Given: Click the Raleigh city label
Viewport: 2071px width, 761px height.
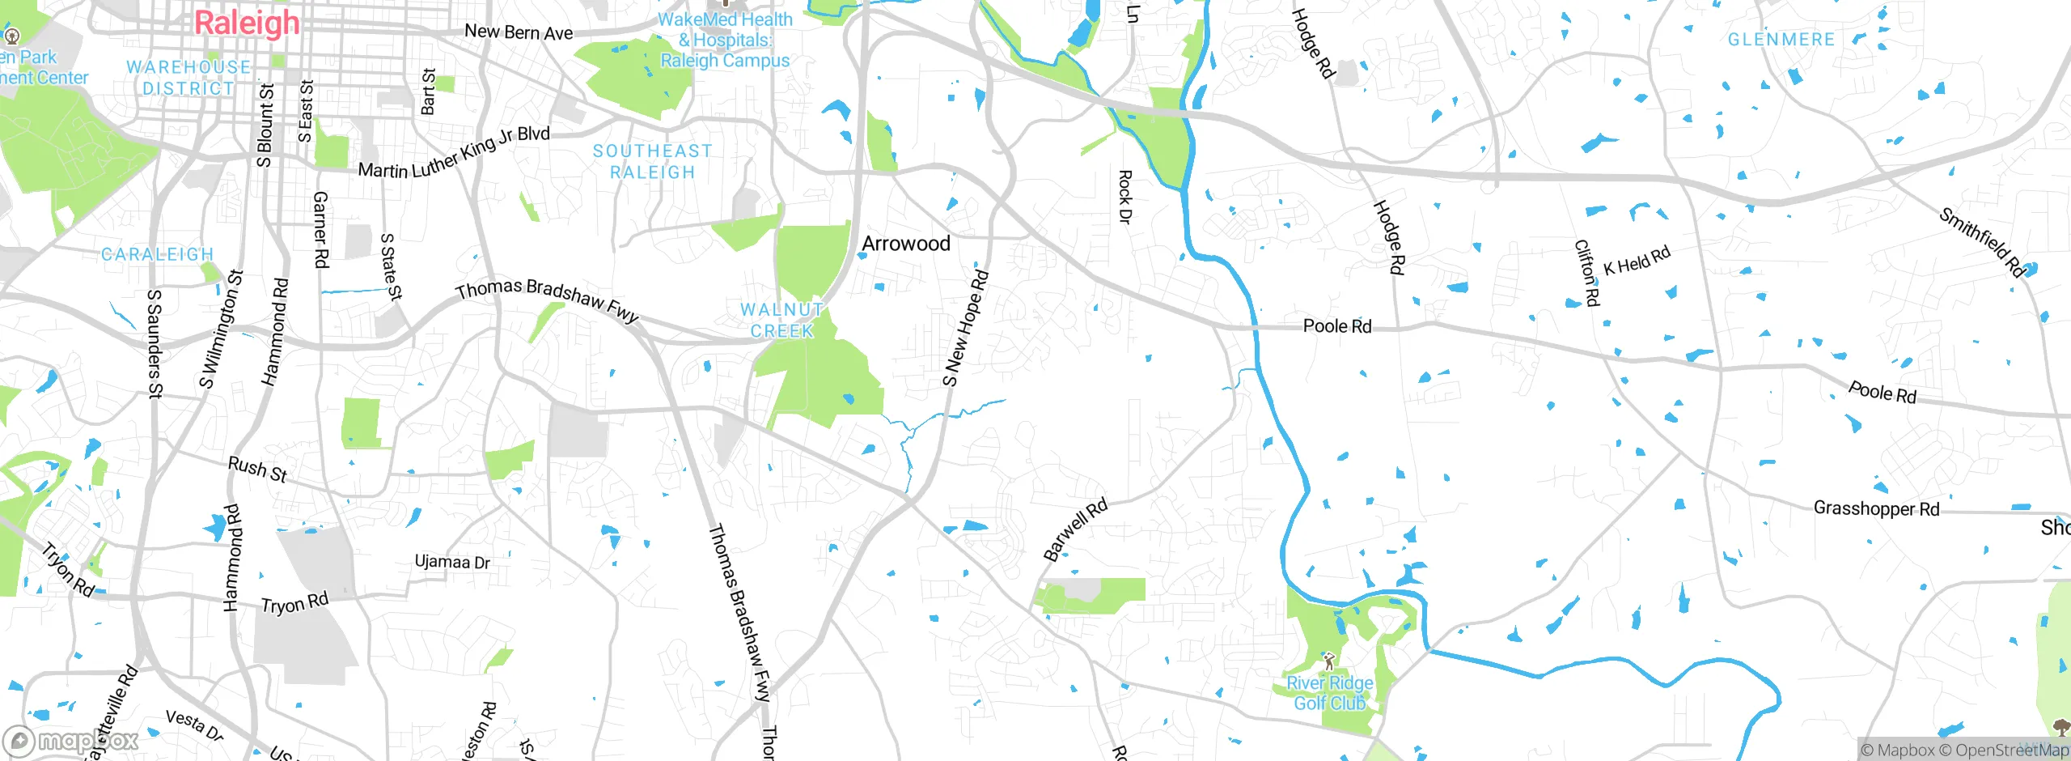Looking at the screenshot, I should (x=247, y=23).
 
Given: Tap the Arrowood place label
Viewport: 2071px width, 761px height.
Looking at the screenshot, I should (x=905, y=244).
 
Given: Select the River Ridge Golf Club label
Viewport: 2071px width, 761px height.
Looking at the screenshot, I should (x=1329, y=693).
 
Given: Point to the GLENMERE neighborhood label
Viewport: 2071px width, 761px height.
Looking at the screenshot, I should (x=1781, y=40).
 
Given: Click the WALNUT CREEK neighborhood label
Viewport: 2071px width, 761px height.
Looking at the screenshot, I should (x=781, y=321).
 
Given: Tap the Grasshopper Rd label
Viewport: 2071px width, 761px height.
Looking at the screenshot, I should (x=1876, y=508).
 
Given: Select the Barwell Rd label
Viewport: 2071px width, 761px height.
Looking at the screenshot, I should (x=1074, y=531).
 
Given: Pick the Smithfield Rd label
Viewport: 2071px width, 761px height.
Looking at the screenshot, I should (x=1980, y=242).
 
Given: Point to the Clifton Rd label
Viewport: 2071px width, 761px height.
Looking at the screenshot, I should (x=1586, y=273).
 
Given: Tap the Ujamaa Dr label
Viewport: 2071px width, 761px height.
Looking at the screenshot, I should (x=452, y=562).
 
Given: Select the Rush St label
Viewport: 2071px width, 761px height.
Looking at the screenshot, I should (x=257, y=469).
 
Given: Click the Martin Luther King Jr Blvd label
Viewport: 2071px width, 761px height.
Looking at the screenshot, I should (x=454, y=153).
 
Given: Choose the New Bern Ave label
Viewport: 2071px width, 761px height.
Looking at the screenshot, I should (x=519, y=32).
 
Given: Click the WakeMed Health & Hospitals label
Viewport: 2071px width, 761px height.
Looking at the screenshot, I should (x=725, y=40).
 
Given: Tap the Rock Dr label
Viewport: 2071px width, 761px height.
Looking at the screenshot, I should (x=1124, y=197).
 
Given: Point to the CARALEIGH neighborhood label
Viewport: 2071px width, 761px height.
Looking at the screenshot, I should (x=157, y=254).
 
